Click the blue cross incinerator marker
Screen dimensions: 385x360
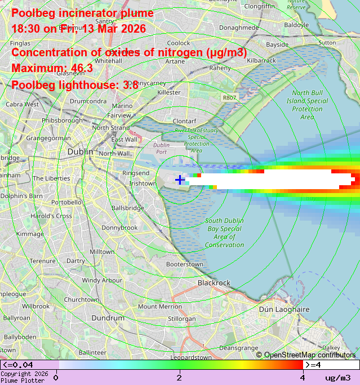180,180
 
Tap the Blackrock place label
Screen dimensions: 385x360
214,283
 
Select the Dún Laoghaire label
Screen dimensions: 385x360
284,309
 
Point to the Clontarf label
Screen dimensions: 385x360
184,121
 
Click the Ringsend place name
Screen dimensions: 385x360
136,173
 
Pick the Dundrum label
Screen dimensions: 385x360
108,317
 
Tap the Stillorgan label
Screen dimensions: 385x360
182,319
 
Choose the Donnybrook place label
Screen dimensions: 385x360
119,227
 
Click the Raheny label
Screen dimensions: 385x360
220,68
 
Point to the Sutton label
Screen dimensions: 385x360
327,42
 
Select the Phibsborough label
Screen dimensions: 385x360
62,120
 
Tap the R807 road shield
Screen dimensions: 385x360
229,97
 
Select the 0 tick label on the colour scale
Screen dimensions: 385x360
56,377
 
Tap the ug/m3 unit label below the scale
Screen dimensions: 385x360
337,378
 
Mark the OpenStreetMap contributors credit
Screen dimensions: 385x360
306,355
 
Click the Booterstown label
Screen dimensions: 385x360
185,264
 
